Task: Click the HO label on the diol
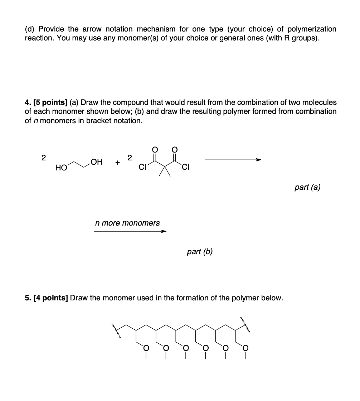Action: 60,167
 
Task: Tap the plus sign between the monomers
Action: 117,163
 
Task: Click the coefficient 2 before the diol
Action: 43,158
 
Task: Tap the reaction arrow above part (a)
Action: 233,160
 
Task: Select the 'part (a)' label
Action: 307,187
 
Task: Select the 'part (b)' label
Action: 199,252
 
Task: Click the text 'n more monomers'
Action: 127,223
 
